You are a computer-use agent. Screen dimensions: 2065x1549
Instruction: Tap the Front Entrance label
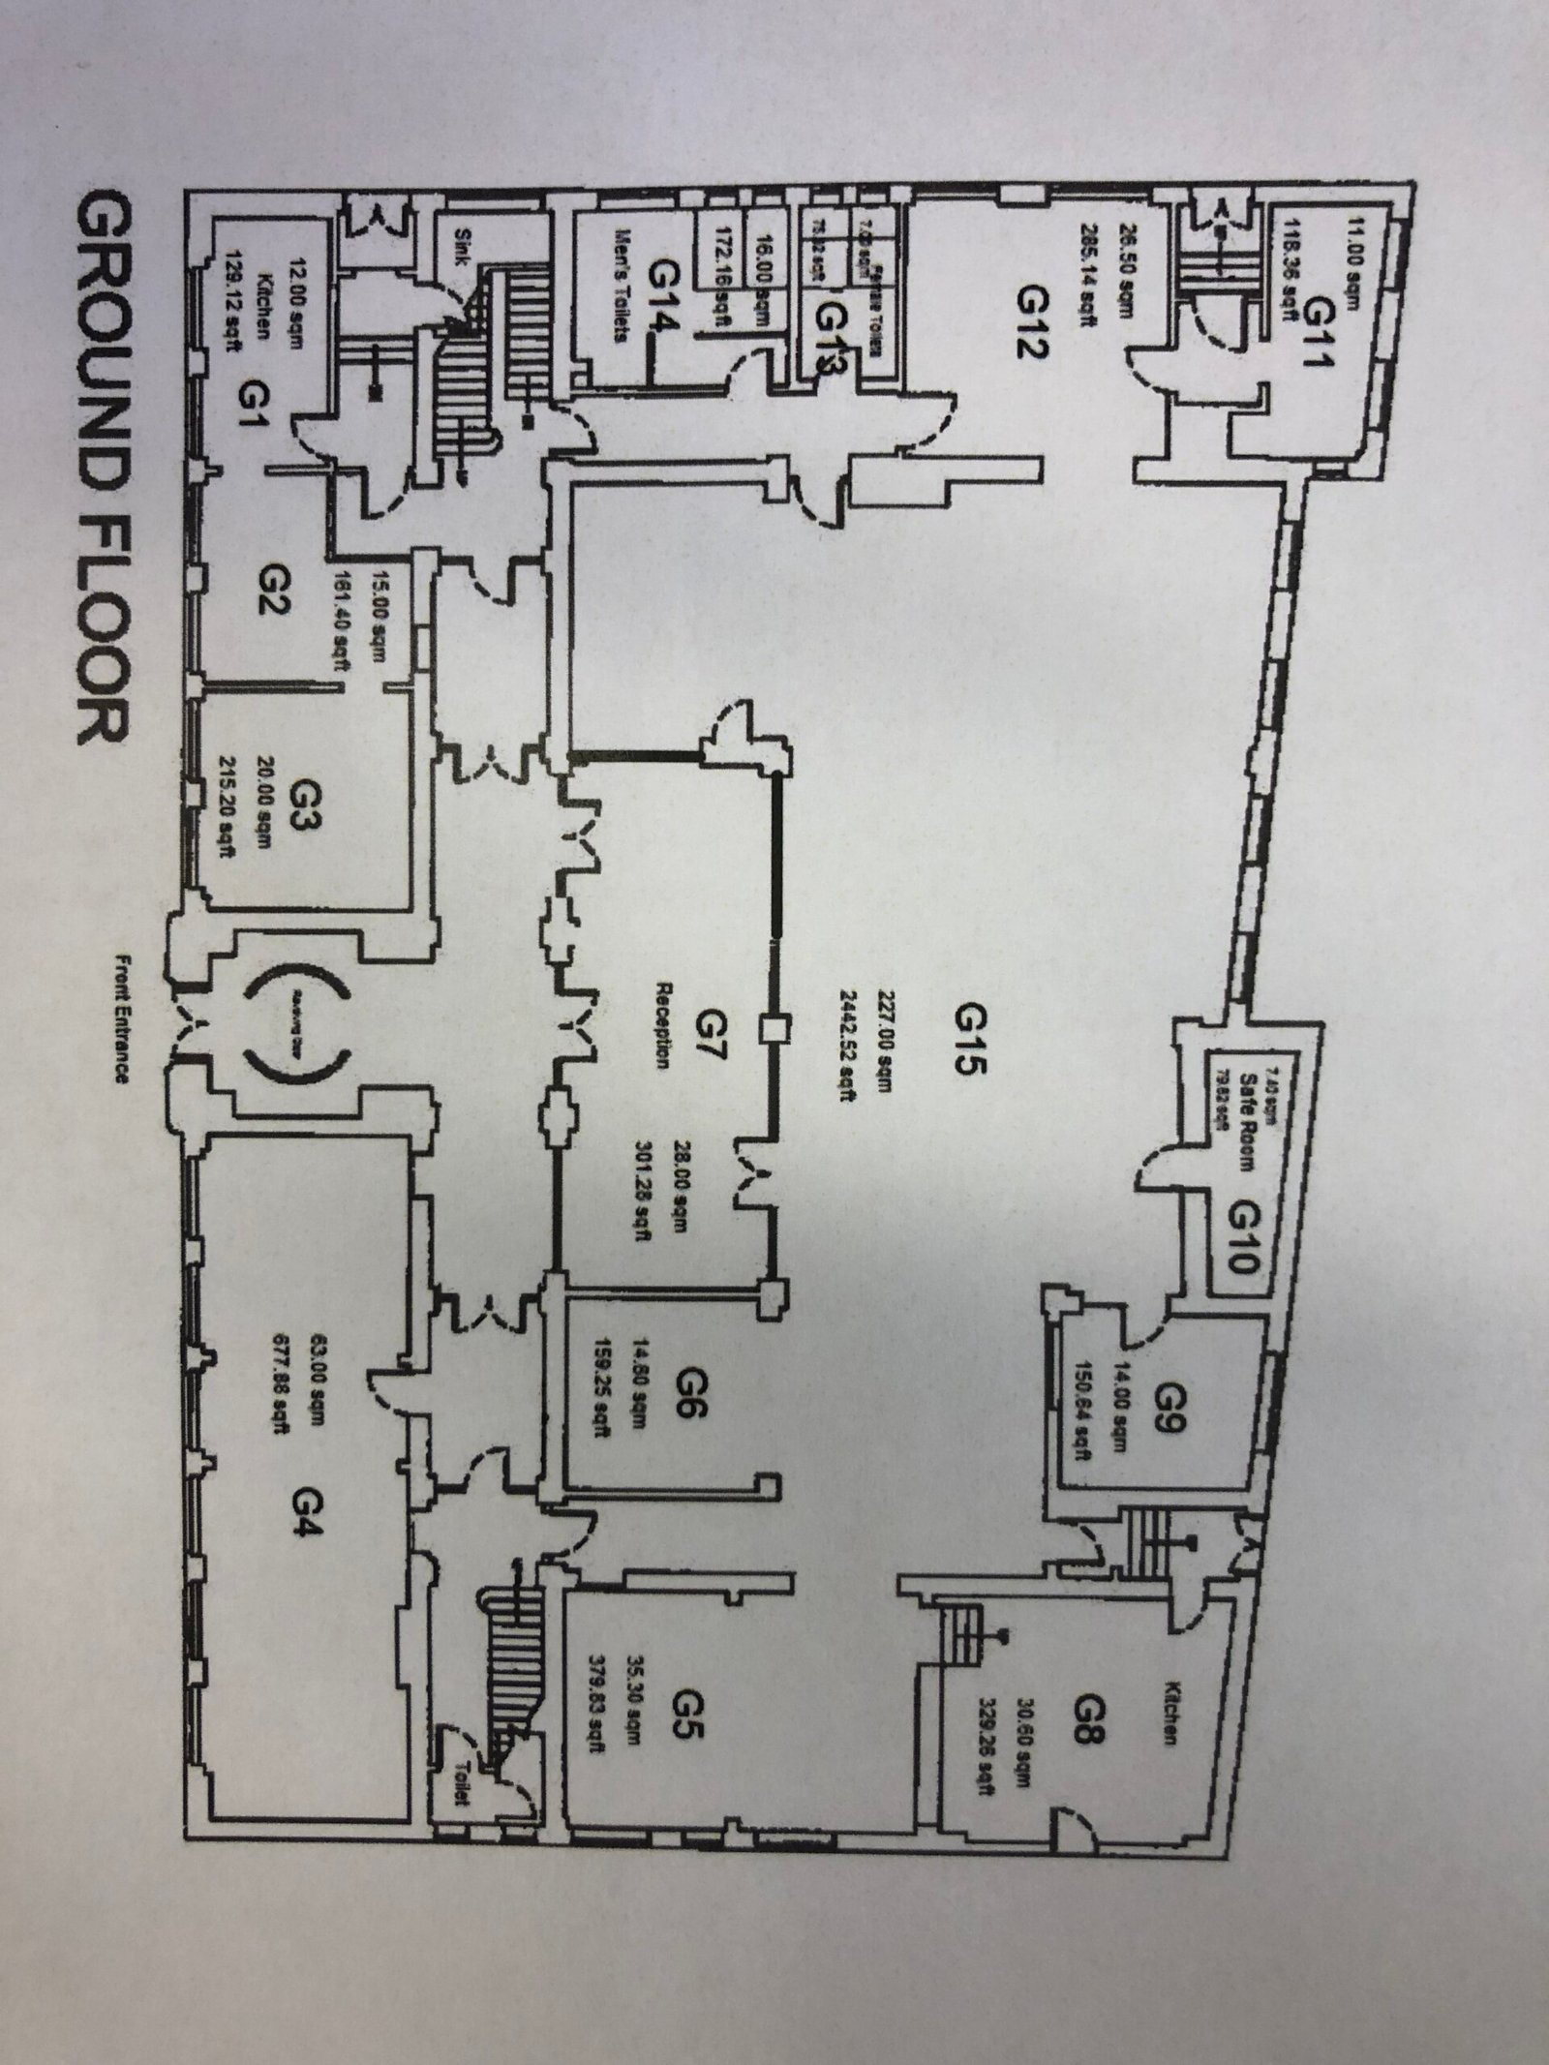[122, 1018]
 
